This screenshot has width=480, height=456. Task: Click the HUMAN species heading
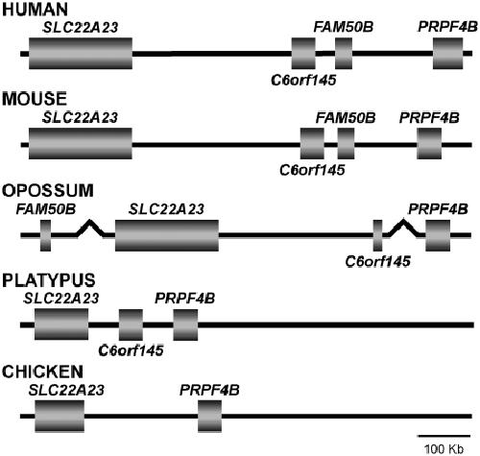coord(35,9)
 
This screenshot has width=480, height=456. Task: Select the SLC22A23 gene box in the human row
coord(81,53)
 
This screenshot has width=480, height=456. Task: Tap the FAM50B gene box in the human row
coord(344,53)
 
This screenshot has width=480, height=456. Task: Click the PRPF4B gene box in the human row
coord(448,53)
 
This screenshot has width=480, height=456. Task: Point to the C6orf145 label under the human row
coord(303,80)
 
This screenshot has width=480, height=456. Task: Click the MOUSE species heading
coord(35,99)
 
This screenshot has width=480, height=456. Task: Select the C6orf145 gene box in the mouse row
coord(312,144)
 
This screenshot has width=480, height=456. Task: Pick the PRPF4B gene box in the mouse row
coord(429,144)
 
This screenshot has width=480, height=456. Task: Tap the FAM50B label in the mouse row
coord(346,118)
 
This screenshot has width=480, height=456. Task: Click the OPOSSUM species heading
coord(48,190)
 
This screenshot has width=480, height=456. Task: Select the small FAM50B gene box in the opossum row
coord(45,235)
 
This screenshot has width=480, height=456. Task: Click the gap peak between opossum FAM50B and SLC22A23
coord(90,221)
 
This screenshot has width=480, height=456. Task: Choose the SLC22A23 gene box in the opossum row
coord(167,235)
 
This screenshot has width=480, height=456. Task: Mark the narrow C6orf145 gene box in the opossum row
coord(377,235)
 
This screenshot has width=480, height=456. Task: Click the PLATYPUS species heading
coord(49,280)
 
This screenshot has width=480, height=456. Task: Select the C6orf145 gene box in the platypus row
coord(131,324)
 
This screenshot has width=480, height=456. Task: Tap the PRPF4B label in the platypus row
coord(185,299)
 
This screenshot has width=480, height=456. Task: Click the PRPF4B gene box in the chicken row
coord(209,416)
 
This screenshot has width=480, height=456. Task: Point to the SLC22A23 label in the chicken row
coord(66,390)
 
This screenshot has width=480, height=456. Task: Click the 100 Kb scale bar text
coord(444,448)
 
